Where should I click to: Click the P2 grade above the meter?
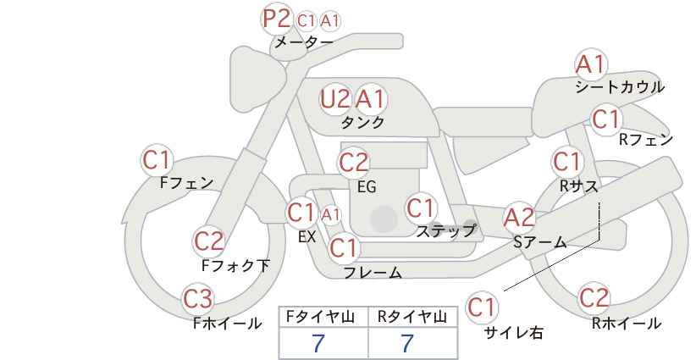[276, 19]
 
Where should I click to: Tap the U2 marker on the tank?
[334, 98]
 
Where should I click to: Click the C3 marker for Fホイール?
[198, 299]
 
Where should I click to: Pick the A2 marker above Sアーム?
[519, 218]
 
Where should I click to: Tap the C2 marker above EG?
[353, 163]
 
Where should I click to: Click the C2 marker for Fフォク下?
[209, 241]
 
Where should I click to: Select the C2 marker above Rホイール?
[594, 298]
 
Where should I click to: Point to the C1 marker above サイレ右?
[482, 307]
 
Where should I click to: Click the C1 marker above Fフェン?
[157, 160]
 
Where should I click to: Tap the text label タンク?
[362, 122]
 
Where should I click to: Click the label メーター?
[304, 42]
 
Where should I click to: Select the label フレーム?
[373, 273]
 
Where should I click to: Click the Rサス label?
[578, 186]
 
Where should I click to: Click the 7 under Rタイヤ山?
[407, 343]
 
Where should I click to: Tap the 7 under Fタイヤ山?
[318, 343]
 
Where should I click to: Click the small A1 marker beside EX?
[331, 215]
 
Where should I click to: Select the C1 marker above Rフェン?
[605, 119]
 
